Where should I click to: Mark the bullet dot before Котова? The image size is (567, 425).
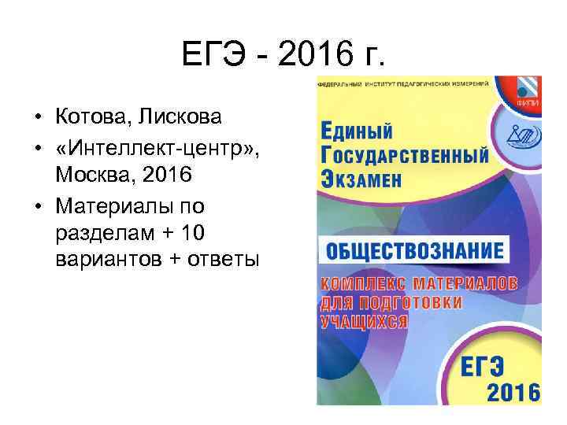[38, 119]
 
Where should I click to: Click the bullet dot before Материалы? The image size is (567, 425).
[38, 207]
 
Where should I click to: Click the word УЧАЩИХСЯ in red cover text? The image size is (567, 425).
[364, 320]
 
